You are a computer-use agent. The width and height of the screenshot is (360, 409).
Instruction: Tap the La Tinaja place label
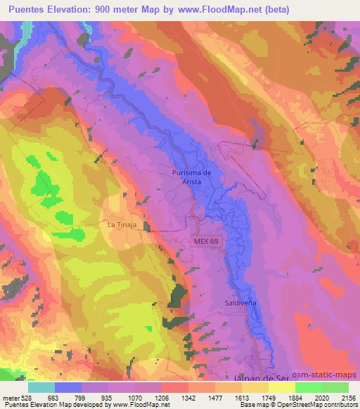pyautogui.click(x=121, y=225)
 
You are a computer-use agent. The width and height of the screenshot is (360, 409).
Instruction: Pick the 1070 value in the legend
pyautogui.click(x=135, y=397)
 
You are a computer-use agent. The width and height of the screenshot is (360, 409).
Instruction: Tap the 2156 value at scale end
pyautogui.click(x=348, y=397)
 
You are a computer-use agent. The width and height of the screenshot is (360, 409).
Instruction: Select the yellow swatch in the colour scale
pyautogui.click(x=282, y=387)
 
